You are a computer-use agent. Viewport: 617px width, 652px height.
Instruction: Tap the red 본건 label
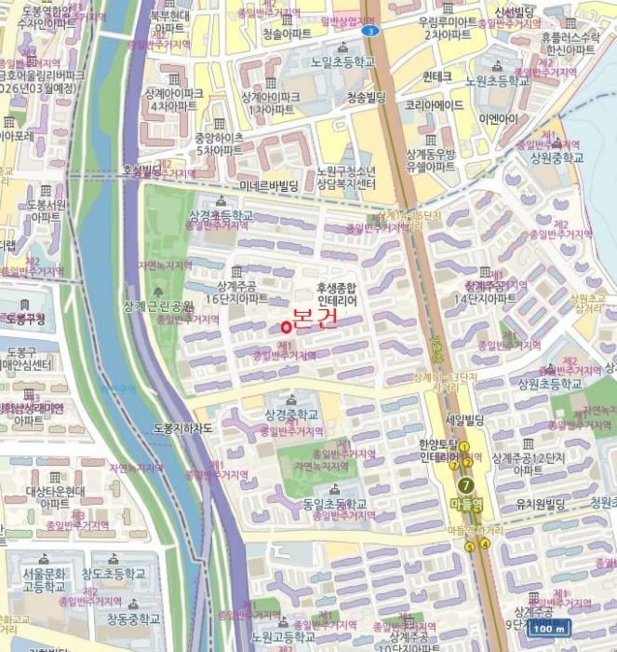pos(315,318)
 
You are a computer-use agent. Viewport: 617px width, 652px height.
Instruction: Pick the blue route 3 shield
pos(371,31)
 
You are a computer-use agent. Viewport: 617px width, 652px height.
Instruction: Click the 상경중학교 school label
pos(292,414)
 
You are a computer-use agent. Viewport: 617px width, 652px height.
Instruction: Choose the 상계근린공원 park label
pos(158,306)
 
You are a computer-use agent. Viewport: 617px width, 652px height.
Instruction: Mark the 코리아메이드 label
pos(434,107)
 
